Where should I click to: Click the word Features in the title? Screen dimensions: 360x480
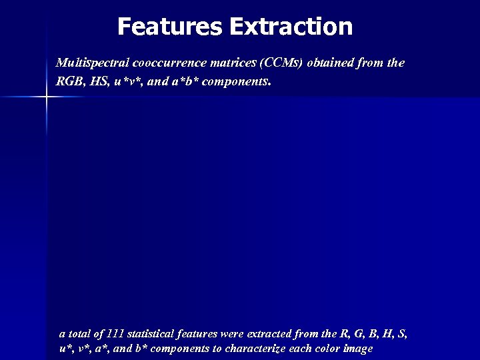click(170, 27)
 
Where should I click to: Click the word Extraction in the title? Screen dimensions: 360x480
click(291, 27)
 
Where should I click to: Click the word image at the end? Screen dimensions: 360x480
click(359, 349)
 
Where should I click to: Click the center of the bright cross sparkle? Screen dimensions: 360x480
click(46, 97)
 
